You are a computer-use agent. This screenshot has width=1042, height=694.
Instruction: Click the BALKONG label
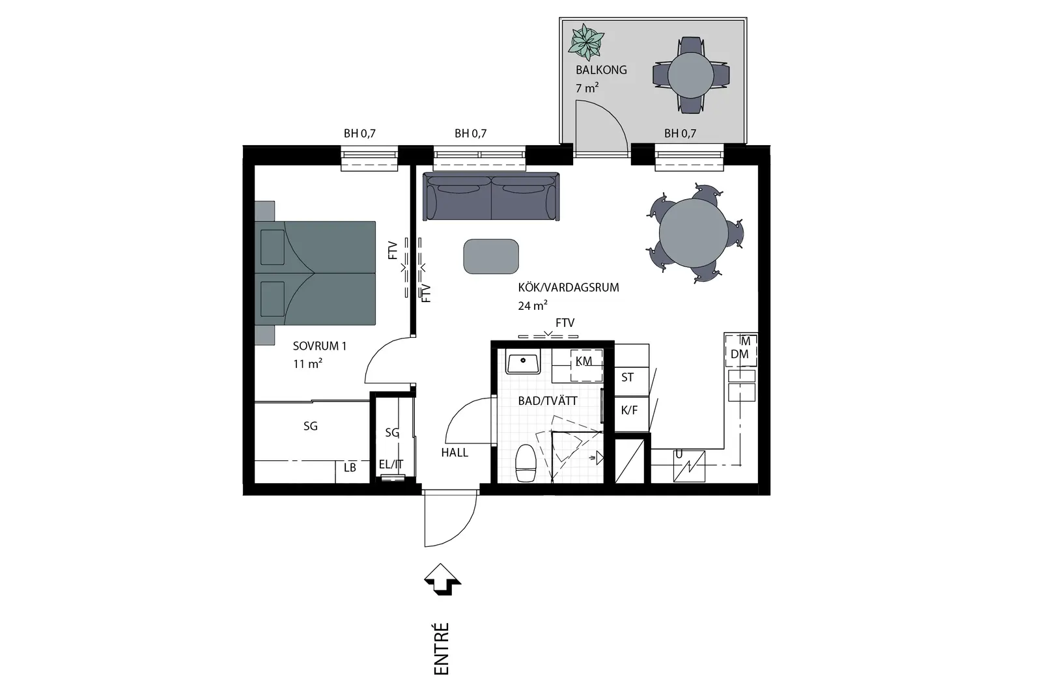point(601,70)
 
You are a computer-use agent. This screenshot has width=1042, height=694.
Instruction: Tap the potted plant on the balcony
point(586,42)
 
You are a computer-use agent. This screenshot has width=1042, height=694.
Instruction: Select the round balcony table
point(691,75)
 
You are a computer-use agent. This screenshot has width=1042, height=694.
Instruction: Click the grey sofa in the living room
point(491,197)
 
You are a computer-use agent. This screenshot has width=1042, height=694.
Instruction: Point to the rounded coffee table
point(491,257)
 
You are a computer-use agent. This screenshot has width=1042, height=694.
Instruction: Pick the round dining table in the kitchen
point(694,232)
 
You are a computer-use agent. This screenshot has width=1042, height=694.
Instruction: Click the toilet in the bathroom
point(526,463)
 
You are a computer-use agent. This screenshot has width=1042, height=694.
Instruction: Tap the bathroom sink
point(524,363)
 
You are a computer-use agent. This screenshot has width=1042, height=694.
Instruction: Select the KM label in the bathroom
point(584,361)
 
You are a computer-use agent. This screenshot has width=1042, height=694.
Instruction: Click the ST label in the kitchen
point(628,377)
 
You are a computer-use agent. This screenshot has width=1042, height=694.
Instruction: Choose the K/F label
point(629,410)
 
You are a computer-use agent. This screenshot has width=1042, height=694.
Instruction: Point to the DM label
point(740,354)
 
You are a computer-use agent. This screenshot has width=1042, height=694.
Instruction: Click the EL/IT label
point(391,464)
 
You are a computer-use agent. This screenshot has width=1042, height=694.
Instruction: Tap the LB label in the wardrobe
point(350,467)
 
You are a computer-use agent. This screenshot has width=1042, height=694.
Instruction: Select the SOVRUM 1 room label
point(320,346)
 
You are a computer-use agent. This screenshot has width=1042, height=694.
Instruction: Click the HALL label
point(455,452)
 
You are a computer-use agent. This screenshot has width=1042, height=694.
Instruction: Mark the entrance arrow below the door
point(442,579)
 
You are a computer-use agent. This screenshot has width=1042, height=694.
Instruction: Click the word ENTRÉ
point(442,649)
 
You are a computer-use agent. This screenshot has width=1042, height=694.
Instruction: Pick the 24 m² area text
point(533,305)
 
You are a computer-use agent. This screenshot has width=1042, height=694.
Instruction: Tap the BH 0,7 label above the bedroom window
point(359,133)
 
